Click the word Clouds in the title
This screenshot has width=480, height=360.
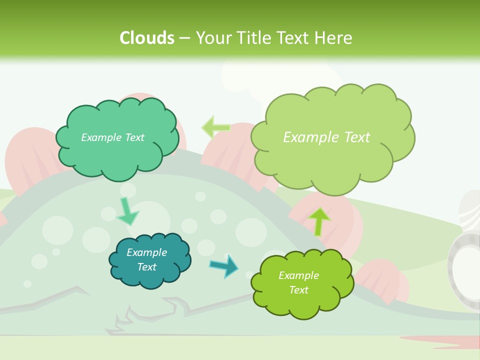[147, 37]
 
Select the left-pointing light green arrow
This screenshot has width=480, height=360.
[215, 127]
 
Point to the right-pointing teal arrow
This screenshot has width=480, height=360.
[224, 266]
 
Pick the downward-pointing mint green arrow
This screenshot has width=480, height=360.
[127, 211]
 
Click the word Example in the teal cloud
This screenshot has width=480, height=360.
[146, 252]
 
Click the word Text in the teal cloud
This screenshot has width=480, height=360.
[146, 267]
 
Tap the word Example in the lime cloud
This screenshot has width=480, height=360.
[298, 275]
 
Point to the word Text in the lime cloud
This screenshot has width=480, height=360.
[298, 290]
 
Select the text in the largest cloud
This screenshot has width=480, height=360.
[326, 137]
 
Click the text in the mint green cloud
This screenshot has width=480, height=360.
[112, 137]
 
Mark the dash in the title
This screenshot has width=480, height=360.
[184, 38]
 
